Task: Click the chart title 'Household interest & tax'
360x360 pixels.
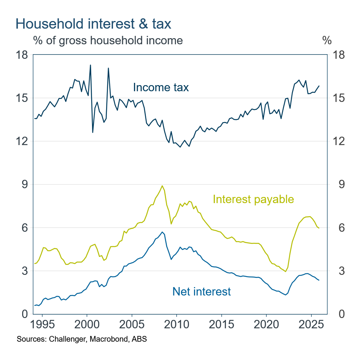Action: tap(93, 24)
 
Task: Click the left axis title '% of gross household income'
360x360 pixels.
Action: tap(108, 40)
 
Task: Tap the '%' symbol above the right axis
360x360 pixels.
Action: tap(327, 40)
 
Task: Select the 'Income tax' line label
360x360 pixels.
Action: tap(161, 87)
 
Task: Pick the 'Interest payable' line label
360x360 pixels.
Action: tap(253, 199)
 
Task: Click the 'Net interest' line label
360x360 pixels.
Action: tap(202, 292)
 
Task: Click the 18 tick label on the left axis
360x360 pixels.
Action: tap(22, 55)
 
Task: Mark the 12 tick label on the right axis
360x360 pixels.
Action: tap(338, 141)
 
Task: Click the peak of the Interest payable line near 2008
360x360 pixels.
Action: tap(162, 186)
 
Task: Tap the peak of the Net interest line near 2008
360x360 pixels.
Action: tap(162, 232)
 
